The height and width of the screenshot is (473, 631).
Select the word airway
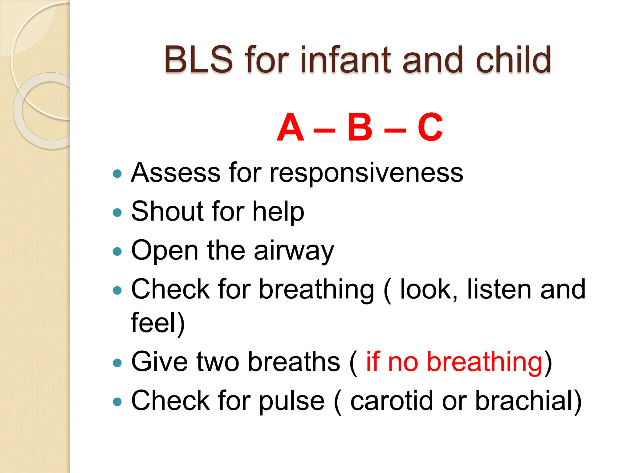tap(294, 251)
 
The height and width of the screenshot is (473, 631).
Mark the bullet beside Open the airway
tap(117, 252)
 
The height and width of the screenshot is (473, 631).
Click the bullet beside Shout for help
tap(117, 212)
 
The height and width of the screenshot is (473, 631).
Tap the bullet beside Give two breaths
tap(117, 362)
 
